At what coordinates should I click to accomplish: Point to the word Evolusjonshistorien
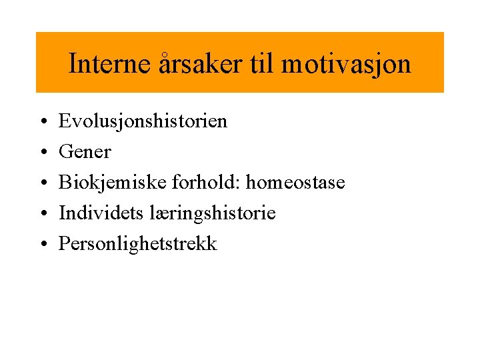pyautogui.click(x=143, y=121)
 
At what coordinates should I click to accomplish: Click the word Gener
pyautogui.click(x=85, y=152)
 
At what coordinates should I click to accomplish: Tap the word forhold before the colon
pyautogui.click(x=193, y=183)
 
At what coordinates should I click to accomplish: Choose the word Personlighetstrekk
pyautogui.click(x=137, y=244)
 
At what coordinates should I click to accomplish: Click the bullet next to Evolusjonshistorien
pyautogui.click(x=42, y=122)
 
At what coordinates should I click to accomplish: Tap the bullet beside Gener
pyautogui.click(x=42, y=153)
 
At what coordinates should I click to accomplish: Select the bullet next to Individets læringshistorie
pyautogui.click(x=42, y=214)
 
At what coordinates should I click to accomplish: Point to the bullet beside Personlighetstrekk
pyautogui.click(x=42, y=245)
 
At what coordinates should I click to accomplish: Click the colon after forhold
pyautogui.click(x=222, y=184)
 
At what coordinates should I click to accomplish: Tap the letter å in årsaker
pyautogui.click(x=165, y=64)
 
